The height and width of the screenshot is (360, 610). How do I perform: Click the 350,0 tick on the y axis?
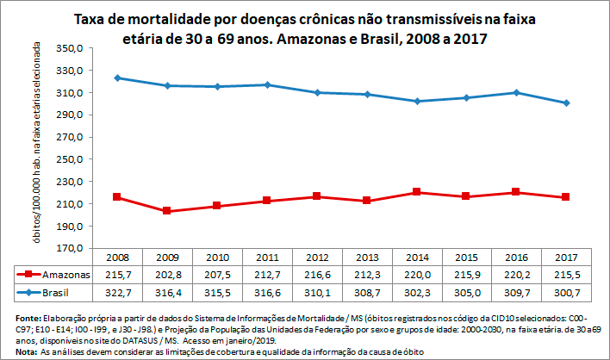pyautogui.click(x=70, y=47)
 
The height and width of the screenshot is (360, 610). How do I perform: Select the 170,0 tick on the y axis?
pyautogui.click(x=70, y=249)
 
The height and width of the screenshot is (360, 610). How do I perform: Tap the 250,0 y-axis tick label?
pyautogui.click(x=70, y=159)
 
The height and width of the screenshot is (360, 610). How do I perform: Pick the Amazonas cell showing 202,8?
pyautogui.click(x=169, y=275)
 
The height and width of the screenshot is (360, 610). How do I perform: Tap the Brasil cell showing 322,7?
pyautogui.click(x=119, y=293)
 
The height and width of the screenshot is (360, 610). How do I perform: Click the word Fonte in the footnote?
pyautogui.click(x=16, y=319)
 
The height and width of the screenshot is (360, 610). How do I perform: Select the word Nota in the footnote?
pyautogui.click(x=15, y=352)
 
